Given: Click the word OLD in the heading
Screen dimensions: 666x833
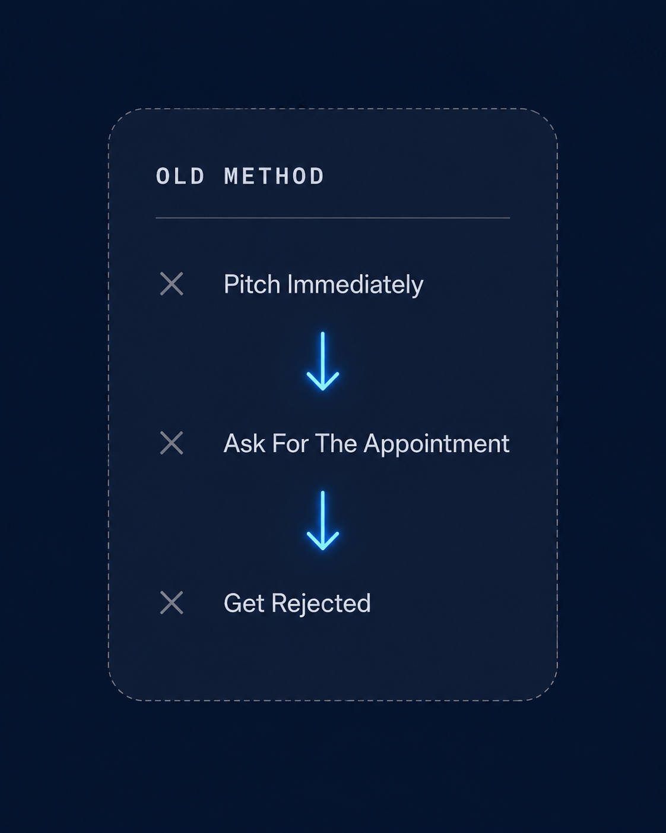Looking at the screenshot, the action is [x=180, y=176].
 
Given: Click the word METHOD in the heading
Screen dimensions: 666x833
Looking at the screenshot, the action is [x=274, y=176].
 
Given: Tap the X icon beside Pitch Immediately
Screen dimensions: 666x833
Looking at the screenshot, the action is [x=172, y=284].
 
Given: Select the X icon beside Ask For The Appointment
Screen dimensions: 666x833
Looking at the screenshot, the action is [x=172, y=443].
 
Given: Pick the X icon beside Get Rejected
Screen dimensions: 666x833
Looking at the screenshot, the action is [x=172, y=602].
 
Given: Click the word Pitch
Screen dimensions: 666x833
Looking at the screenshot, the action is [x=252, y=285].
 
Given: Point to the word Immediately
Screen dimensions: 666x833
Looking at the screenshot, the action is [x=356, y=286].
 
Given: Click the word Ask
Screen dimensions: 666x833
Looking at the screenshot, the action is [x=245, y=443].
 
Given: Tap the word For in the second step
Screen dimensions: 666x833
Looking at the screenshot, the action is [x=290, y=443].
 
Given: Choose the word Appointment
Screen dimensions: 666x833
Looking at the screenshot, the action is [x=437, y=445].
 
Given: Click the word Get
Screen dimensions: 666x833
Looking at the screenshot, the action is [x=245, y=603].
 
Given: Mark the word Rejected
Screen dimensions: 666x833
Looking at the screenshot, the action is [x=321, y=604].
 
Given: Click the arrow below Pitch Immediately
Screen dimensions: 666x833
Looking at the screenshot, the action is [x=322, y=361].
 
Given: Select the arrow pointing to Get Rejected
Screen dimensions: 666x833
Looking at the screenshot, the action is [x=322, y=520].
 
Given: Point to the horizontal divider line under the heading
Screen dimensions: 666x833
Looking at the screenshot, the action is [x=332, y=218].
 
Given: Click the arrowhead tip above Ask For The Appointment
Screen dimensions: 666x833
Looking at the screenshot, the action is [x=322, y=390].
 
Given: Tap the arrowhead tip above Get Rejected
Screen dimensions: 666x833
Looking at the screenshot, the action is [x=322, y=549].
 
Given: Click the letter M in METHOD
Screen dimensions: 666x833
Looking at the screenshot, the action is [x=231, y=176].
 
